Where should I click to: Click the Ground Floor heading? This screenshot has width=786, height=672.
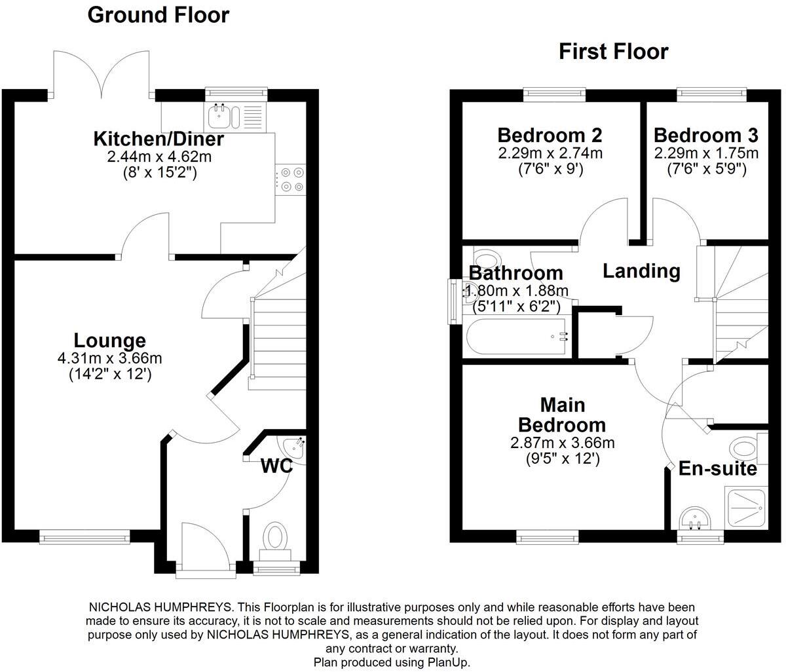158,14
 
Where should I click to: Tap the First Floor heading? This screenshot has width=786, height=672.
613,51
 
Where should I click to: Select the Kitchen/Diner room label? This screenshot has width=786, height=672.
159,139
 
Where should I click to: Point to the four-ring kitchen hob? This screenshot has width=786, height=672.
291,179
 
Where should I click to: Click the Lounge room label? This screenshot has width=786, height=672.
109,341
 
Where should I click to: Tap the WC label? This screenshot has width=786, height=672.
276,466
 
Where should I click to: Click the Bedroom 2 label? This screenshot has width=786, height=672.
550,136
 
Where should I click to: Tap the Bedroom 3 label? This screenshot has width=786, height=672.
705,136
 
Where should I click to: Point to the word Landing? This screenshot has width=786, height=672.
641,271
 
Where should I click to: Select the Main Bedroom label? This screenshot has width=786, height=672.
563,415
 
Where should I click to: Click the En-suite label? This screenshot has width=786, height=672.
717,469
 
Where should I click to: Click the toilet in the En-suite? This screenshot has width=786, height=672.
745,449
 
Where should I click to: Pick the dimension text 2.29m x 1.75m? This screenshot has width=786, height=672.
705,153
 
